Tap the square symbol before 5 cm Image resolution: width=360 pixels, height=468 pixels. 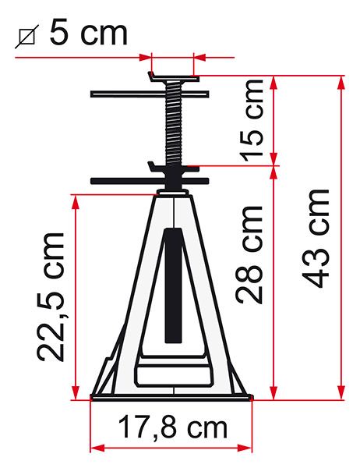[28, 35]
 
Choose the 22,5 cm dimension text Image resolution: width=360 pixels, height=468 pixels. [51, 296]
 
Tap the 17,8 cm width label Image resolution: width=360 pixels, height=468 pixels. [173, 427]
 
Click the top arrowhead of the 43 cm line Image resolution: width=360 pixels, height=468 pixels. [341, 80]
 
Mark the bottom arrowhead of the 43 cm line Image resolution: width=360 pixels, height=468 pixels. [341, 395]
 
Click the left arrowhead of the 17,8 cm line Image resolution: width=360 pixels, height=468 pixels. [96, 447]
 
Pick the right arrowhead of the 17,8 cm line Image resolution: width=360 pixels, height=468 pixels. [250, 447]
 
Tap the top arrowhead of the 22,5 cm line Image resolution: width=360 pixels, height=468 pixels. [76, 199]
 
